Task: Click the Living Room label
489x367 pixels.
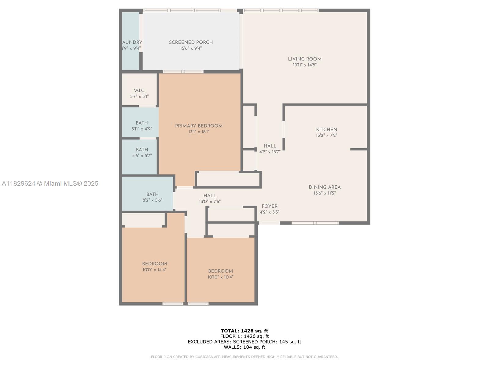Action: coord(304,59)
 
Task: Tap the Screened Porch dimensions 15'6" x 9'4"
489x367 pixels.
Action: coord(191,48)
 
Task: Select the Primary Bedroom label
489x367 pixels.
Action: coord(199,126)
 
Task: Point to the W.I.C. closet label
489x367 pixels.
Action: coord(139,91)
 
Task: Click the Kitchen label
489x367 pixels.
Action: coord(326,129)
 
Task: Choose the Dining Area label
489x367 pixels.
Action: coord(324,187)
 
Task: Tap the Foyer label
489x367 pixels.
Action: coord(269,206)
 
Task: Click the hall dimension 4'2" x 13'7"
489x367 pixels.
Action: coord(270,152)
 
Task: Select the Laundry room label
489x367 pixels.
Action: coord(132,43)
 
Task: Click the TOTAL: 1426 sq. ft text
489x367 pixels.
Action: coord(244,331)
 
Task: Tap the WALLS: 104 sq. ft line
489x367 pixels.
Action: coord(244,347)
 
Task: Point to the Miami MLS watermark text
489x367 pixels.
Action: coord(50,183)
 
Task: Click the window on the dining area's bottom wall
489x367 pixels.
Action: coord(315,223)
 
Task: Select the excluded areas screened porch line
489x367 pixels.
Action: coord(244,342)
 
